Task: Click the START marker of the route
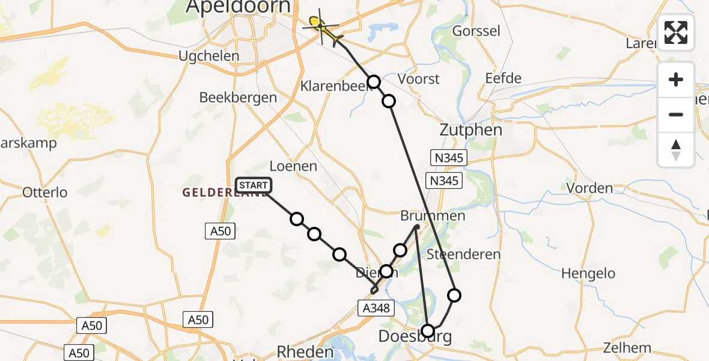click(x=254, y=185)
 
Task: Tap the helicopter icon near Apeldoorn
click(x=322, y=26)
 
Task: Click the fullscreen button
click(x=676, y=32)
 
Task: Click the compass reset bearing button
click(x=676, y=150)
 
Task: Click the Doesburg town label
click(x=416, y=336)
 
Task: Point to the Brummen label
click(x=433, y=216)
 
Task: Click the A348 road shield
click(x=377, y=308)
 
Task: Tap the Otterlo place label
click(x=45, y=193)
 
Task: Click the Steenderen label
click(x=463, y=255)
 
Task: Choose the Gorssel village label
click(x=476, y=31)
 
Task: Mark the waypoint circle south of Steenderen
click(x=454, y=295)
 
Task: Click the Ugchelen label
click(x=209, y=56)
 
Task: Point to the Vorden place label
click(x=589, y=188)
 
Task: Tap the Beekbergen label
click(x=238, y=97)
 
